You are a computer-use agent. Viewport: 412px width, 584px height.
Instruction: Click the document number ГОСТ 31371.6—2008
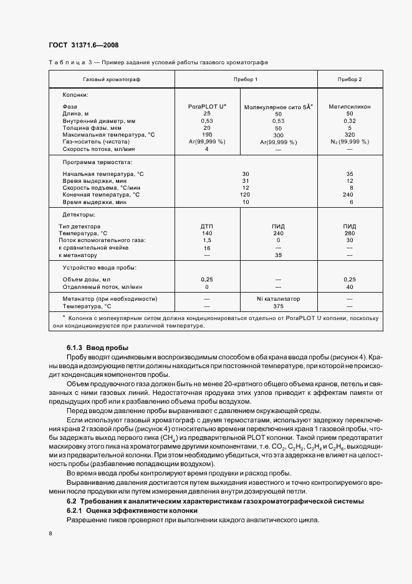click(84, 45)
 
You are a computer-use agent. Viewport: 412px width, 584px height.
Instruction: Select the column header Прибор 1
click(246, 80)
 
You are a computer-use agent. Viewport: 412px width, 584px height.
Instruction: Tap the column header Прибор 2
click(350, 80)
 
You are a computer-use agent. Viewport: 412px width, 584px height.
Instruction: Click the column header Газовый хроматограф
click(112, 80)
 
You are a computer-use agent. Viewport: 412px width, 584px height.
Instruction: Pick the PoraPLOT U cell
click(207, 107)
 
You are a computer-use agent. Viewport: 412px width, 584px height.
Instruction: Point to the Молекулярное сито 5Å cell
click(278, 107)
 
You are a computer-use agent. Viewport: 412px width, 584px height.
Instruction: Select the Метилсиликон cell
click(350, 107)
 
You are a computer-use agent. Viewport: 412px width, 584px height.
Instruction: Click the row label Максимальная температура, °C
click(108, 135)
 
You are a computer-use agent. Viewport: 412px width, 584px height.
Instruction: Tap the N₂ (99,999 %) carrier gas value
click(350, 142)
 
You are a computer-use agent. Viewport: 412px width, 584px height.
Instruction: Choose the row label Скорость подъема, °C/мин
click(102, 187)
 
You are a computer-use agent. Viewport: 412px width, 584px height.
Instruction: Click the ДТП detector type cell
click(207, 225)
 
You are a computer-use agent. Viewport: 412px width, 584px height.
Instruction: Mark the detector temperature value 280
click(350, 233)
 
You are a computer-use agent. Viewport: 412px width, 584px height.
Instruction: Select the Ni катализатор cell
click(278, 299)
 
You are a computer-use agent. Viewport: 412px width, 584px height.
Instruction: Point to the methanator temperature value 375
click(278, 306)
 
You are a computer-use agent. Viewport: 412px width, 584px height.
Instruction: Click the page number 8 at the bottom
click(50, 535)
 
